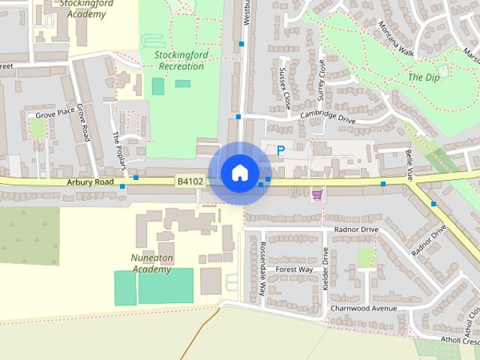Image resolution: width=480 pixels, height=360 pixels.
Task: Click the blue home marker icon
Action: [239, 172]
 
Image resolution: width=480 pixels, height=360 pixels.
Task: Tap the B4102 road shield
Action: [190, 181]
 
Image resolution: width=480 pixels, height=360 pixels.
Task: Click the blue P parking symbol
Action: [280, 151]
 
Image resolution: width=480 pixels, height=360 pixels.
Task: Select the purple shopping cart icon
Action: [317, 194]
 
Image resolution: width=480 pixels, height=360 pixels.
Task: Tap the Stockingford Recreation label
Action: [179, 61]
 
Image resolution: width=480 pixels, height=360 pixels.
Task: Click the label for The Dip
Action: [424, 77]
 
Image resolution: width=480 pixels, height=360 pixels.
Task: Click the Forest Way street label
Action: [294, 269]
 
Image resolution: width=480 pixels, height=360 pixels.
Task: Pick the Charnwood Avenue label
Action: [363, 308]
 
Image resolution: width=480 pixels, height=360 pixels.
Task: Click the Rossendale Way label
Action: [262, 268]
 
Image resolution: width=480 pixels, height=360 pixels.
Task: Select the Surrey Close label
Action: [322, 85]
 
